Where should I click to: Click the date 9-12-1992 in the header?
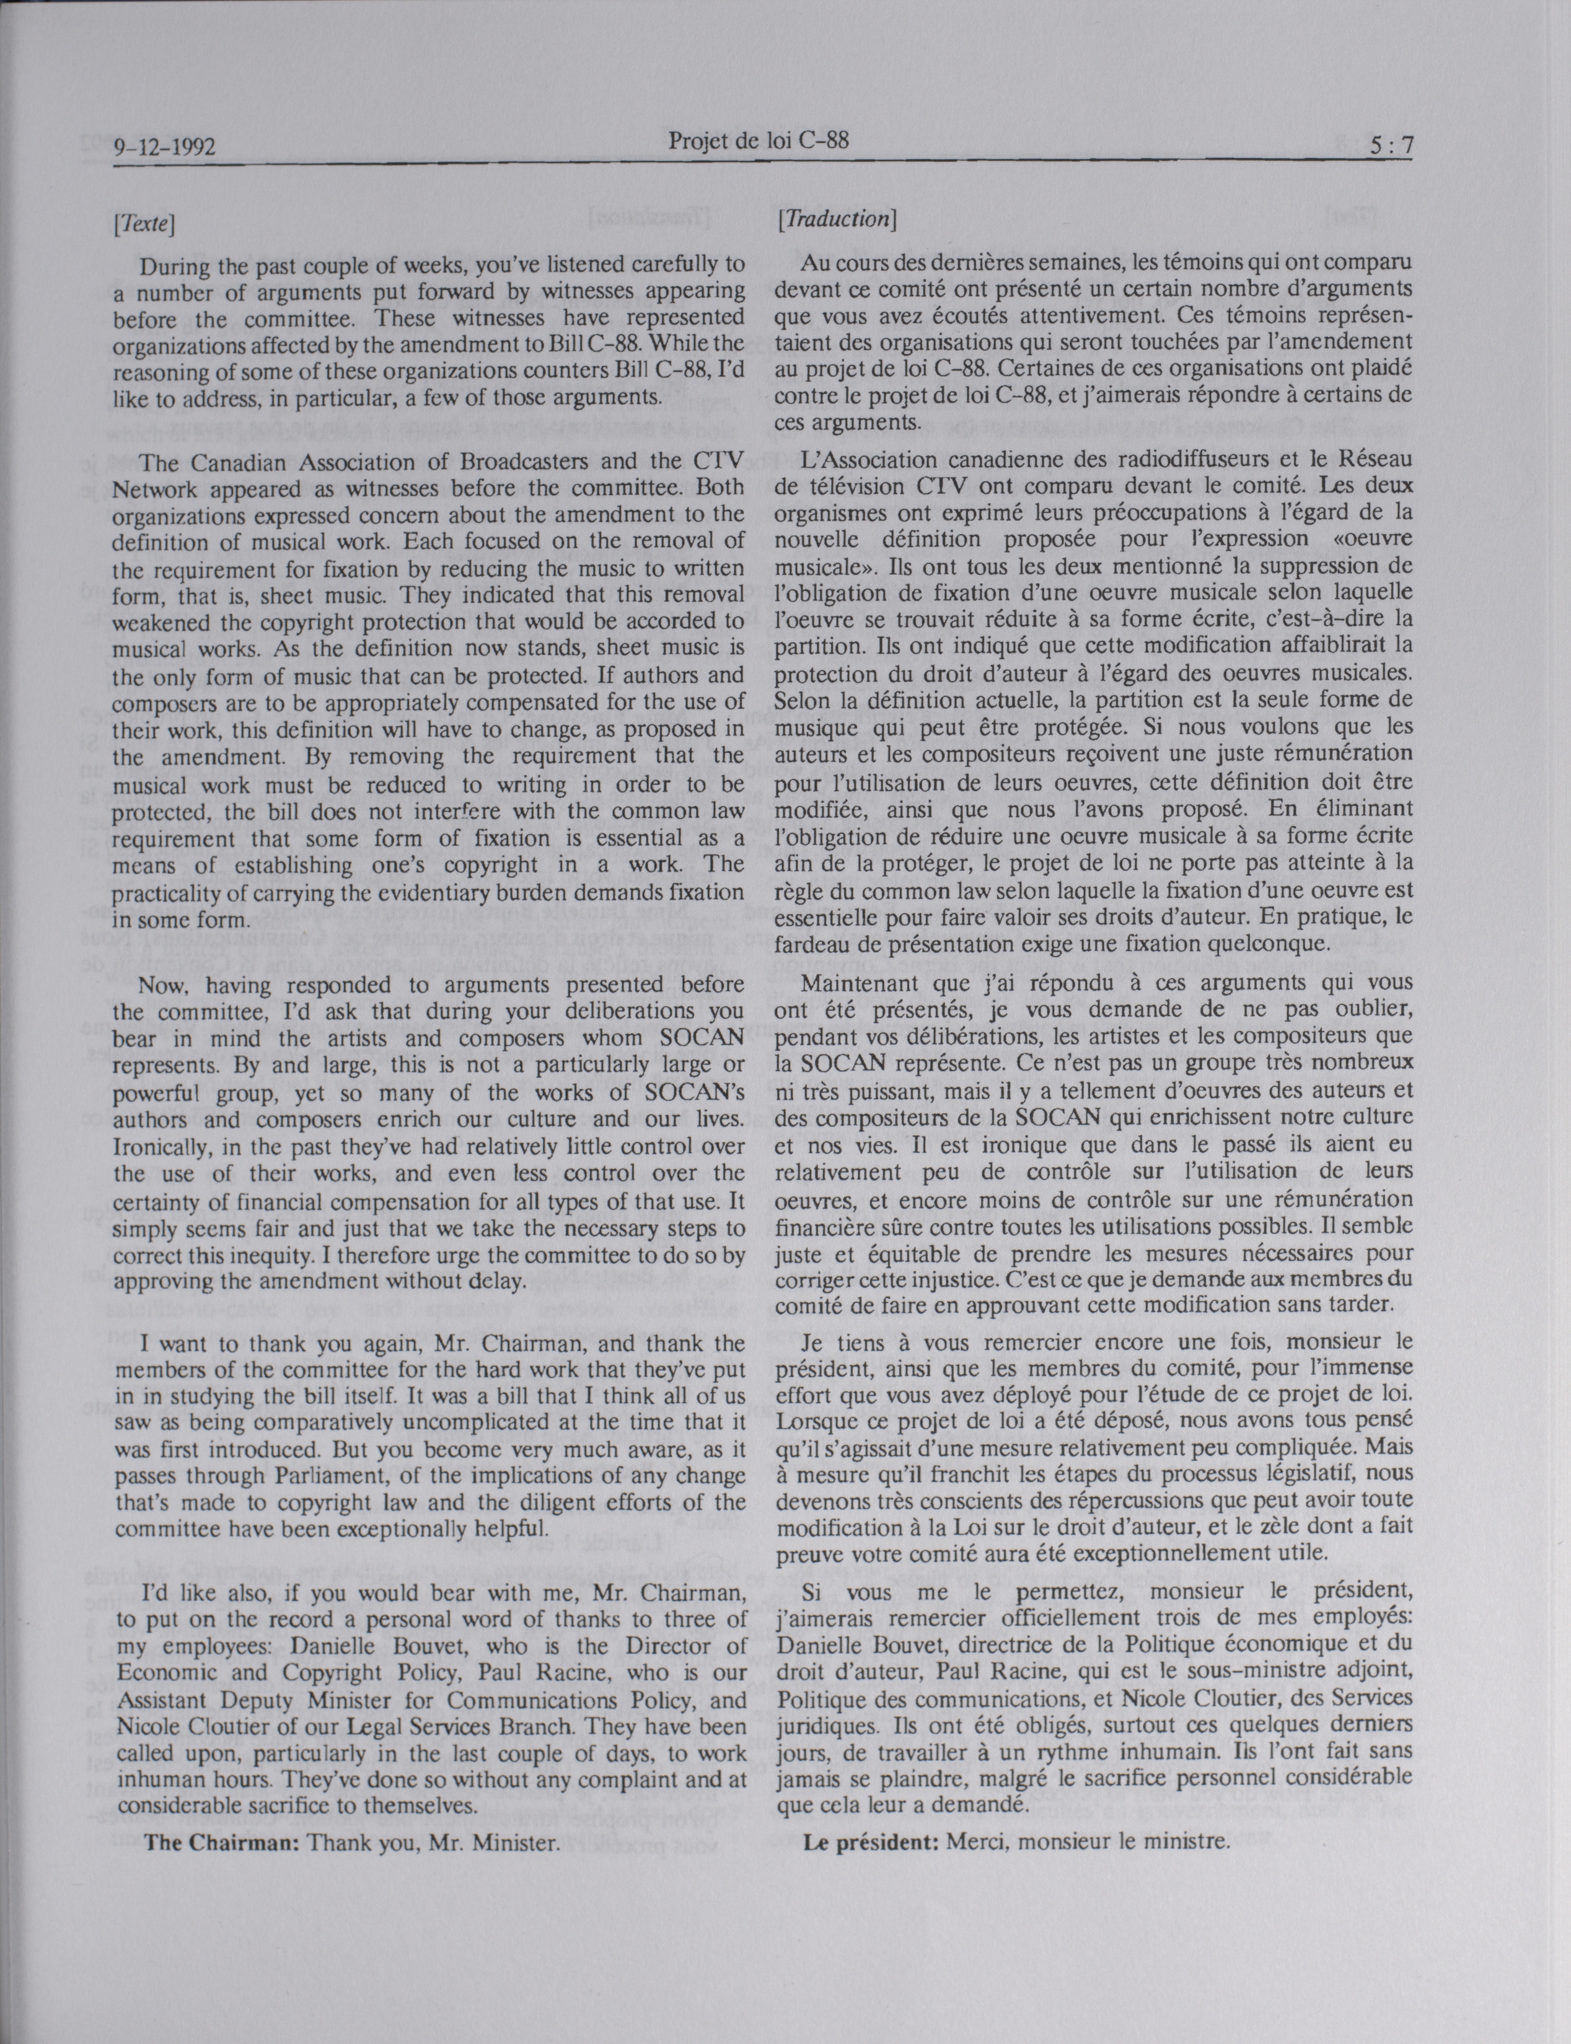[165, 147]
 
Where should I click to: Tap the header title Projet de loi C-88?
[759, 140]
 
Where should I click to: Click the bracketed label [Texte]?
[143, 224]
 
